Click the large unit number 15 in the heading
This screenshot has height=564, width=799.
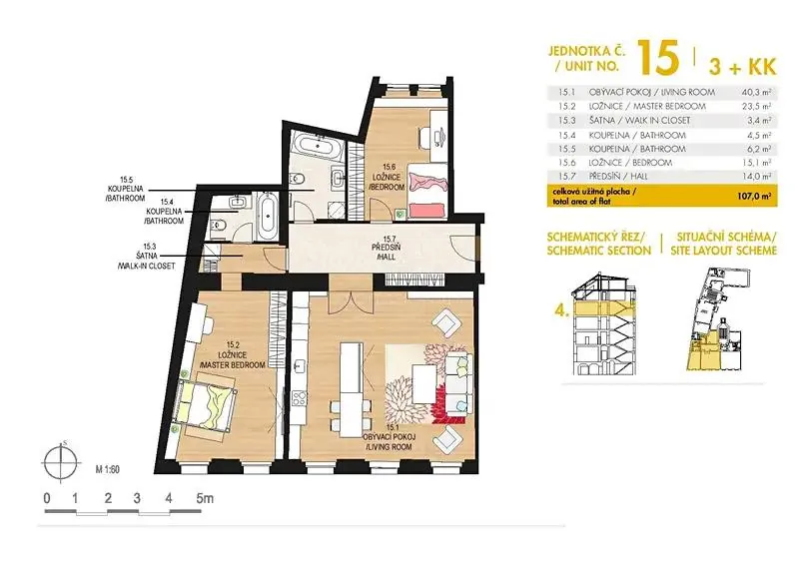click(x=658, y=57)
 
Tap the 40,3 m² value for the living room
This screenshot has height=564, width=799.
click(x=756, y=92)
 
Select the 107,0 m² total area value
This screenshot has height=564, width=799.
click(x=755, y=196)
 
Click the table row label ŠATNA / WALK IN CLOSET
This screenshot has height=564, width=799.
click(x=639, y=121)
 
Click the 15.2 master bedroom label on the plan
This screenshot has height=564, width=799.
click(x=233, y=355)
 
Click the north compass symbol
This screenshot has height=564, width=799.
click(x=62, y=462)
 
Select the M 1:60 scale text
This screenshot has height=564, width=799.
click(x=108, y=469)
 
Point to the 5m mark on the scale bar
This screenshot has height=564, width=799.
click(x=206, y=498)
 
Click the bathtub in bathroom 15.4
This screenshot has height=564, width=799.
click(x=266, y=219)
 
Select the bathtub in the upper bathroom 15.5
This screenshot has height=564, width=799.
click(x=318, y=146)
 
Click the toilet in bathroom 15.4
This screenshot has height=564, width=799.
click(x=218, y=225)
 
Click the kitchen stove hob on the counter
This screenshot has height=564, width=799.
click(x=300, y=397)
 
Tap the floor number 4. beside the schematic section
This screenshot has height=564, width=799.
click(x=561, y=311)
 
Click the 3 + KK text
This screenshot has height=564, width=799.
click(x=742, y=66)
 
